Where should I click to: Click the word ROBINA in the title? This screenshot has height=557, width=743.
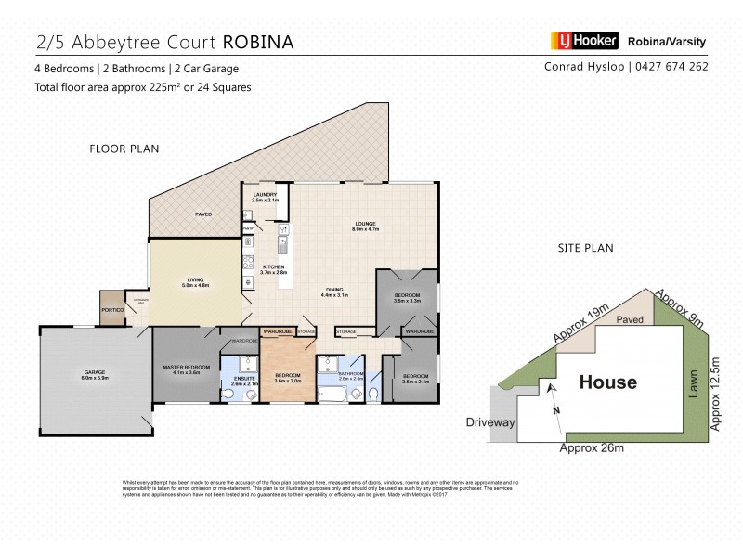257,41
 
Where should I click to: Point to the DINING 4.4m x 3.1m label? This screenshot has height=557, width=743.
333,291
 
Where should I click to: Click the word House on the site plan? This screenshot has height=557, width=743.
608,382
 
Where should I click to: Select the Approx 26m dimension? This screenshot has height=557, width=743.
591,449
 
